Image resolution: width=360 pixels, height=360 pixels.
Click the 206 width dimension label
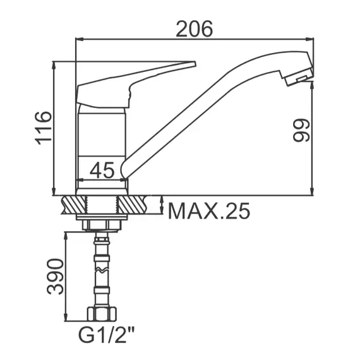point(195,29)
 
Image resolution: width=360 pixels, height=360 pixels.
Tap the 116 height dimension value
point(43,128)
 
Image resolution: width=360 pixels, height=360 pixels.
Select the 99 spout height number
point(301,130)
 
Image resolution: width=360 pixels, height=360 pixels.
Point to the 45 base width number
point(102,170)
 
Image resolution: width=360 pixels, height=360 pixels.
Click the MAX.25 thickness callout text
point(209,211)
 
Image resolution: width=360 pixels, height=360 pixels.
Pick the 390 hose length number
point(55,277)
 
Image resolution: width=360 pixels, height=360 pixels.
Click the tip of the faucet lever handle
point(195,64)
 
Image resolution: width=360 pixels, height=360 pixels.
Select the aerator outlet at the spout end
point(299,78)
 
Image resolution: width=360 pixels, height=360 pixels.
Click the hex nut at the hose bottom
point(102,314)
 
